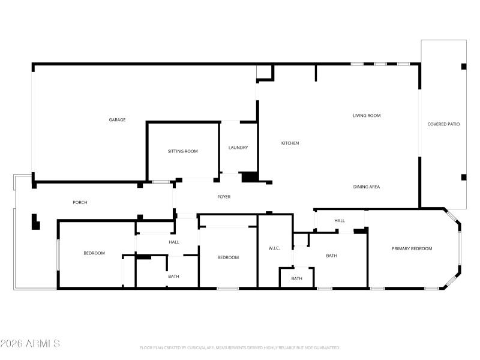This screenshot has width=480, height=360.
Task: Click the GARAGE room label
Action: click(117, 120)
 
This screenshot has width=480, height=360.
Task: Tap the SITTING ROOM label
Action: click(182, 151)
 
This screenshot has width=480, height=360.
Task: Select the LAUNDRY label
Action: click(238, 148)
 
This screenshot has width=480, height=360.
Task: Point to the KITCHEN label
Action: click(290, 143)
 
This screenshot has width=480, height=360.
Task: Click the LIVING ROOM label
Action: click(367, 116)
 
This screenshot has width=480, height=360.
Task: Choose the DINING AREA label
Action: click(366, 187)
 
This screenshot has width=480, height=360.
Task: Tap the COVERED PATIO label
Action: click(443, 124)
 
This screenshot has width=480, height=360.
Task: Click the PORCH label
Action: click(80, 202)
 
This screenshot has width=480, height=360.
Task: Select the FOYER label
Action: click(224, 197)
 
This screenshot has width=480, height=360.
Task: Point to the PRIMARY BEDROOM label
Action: click(412, 248)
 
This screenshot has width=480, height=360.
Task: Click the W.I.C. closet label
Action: click(274, 248)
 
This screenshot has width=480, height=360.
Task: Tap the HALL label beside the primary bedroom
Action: click(340, 221)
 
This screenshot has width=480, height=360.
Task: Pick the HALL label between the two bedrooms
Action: click(174, 242)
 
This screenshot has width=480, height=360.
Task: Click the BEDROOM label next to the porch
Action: click(94, 253)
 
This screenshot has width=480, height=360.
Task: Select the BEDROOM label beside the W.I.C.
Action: click(228, 257)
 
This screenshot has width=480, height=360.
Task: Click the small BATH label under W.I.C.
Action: click(297, 278)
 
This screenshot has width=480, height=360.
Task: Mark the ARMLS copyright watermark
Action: click(30, 344)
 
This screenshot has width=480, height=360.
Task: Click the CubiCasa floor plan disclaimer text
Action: click(240, 347)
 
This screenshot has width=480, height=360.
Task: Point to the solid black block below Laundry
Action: click(249, 177)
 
